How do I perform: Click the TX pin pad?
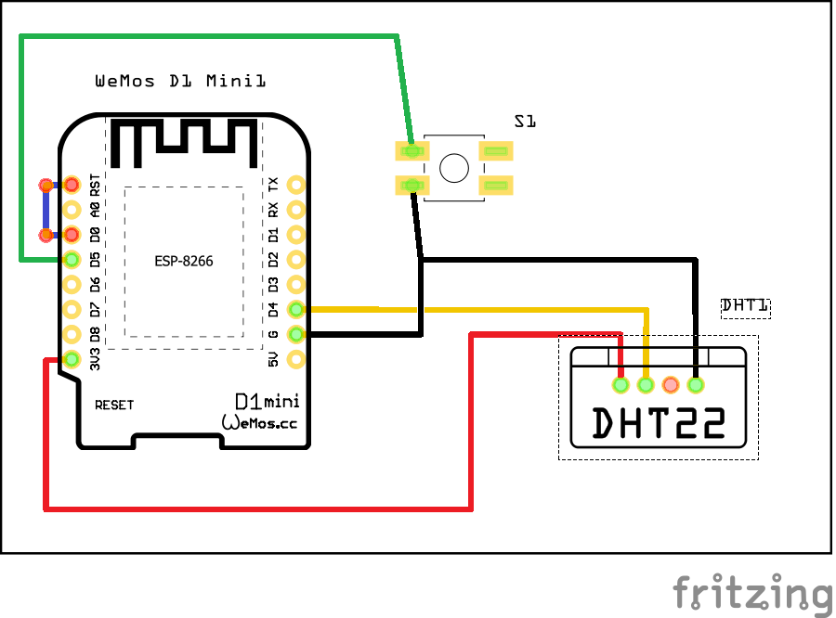(x=296, y=185)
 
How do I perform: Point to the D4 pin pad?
(x=296, y=309)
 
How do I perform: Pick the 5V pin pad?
(x=296, y=359)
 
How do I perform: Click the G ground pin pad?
(x=296, y=334)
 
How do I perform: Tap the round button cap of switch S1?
(x=454, y=168)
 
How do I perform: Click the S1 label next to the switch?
(x=526, y=121)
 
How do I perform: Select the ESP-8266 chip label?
(x=184, y=262)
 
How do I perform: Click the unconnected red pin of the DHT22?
(x=671, y=384)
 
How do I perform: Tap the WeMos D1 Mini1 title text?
(x=181, y=82)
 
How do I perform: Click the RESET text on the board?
(x=114, y=406)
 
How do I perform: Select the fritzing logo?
(x=752, y=592)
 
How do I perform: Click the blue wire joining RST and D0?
(x=45, y=210)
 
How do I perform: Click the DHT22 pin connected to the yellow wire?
(x=646, y=384)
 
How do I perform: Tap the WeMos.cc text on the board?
(x=259, y=422)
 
